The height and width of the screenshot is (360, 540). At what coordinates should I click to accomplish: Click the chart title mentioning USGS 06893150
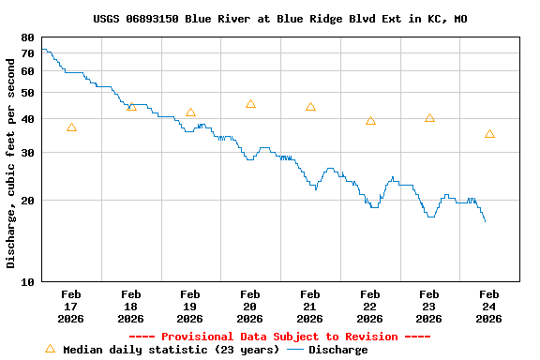click(x=279, y=19)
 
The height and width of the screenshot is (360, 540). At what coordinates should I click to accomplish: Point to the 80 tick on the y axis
click(x=27, y=37)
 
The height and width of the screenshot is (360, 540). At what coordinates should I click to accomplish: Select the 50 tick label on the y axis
click(x=27, y=93)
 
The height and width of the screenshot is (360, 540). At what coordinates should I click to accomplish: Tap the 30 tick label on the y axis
click(x=27, y=153)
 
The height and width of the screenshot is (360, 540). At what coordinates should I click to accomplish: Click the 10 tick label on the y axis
click(x=27, y=281)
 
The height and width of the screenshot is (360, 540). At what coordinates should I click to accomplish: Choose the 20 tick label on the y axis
click(x=27, y=200)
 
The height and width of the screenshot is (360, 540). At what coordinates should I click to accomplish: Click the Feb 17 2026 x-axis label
click(x=71, y=307)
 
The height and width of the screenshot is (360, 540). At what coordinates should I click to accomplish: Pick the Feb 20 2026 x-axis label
click(x=249, y=307)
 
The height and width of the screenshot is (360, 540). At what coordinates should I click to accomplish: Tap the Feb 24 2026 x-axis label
click(x=488, y=307)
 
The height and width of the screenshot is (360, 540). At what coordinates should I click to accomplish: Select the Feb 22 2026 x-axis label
click(x=369, y=307)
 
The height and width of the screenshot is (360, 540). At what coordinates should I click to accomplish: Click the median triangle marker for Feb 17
click(x=71, y=127)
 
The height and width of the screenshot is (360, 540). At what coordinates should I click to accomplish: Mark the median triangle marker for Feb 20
click(x=250, y=104)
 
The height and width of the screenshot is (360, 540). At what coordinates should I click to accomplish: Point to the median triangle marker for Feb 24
click(x=489, y=134)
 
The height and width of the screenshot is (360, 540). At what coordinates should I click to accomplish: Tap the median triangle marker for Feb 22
click(x=370, y=121)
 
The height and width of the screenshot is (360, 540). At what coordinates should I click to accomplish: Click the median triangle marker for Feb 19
click(x=190, y=112)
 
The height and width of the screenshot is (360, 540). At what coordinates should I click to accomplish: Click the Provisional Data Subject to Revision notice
click(x=279, y=337)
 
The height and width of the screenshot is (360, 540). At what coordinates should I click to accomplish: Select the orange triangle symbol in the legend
click(x=50, y=349)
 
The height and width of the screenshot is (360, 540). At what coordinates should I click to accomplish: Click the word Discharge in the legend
click(x=337, y=350)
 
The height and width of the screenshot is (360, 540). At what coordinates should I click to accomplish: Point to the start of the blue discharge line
click(x=43, y=49)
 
